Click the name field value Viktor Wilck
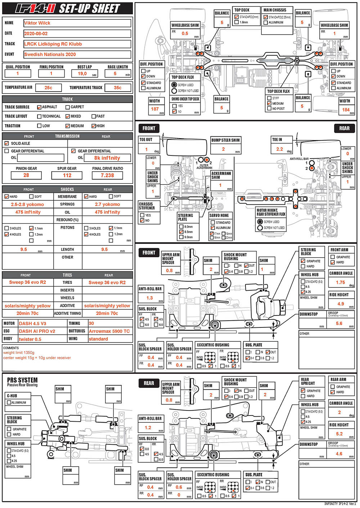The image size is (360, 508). click(x=37, y=23)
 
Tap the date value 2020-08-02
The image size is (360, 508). click(x=36, y=33)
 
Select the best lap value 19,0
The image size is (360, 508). click(x=82, y=73)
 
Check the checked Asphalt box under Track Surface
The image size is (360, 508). click(x=39, y=107)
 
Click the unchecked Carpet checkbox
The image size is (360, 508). click(x=67, y=107)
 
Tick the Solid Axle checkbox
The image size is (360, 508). click(x=6, y=143)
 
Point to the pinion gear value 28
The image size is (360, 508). click(x=26, y=175)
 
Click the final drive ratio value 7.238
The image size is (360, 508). click(x=107, y=175)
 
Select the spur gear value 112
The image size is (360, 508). click(x=67, y=175)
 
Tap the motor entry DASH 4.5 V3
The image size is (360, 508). click(x=32, y=323)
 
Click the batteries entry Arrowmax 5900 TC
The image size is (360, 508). click(x=109, y=331)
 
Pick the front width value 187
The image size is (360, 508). click(x=155, y=109)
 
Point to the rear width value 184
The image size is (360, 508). click(x=346, y=110)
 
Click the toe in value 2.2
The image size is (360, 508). click(x=279, y=149)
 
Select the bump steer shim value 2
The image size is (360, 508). click(x=223, y=149)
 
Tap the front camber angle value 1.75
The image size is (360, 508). click(x=340, y=282)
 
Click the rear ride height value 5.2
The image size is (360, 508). click(x=339, y=434)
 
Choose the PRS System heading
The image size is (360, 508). click(x=22, y=380)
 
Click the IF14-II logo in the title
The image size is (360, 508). click(x=35, y=9)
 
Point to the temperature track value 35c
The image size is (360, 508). click(x=117, y=87)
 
